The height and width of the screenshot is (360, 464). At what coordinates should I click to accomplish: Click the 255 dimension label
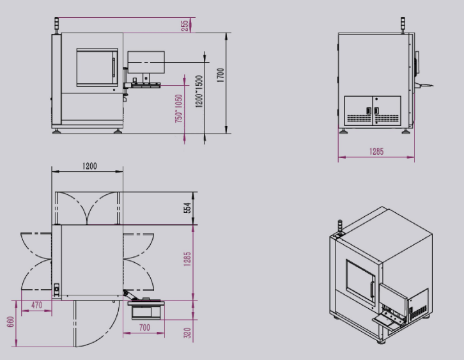[185, 26]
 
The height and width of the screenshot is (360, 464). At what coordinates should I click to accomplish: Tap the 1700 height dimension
[220, 75]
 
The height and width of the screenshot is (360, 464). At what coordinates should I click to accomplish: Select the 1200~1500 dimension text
[199, 91]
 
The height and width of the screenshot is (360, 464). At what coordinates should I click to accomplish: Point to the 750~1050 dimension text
[179, 109]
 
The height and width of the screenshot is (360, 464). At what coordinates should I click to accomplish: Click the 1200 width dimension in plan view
[89, 166]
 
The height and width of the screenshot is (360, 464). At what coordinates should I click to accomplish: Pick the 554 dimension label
[188, 208]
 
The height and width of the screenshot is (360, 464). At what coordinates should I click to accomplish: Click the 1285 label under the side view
[376, 152]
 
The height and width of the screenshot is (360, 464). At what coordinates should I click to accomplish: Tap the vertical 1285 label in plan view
[187, 260]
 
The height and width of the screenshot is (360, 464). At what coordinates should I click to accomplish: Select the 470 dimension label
[36, 305]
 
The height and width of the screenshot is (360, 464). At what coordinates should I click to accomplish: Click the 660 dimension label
[11, 322]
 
